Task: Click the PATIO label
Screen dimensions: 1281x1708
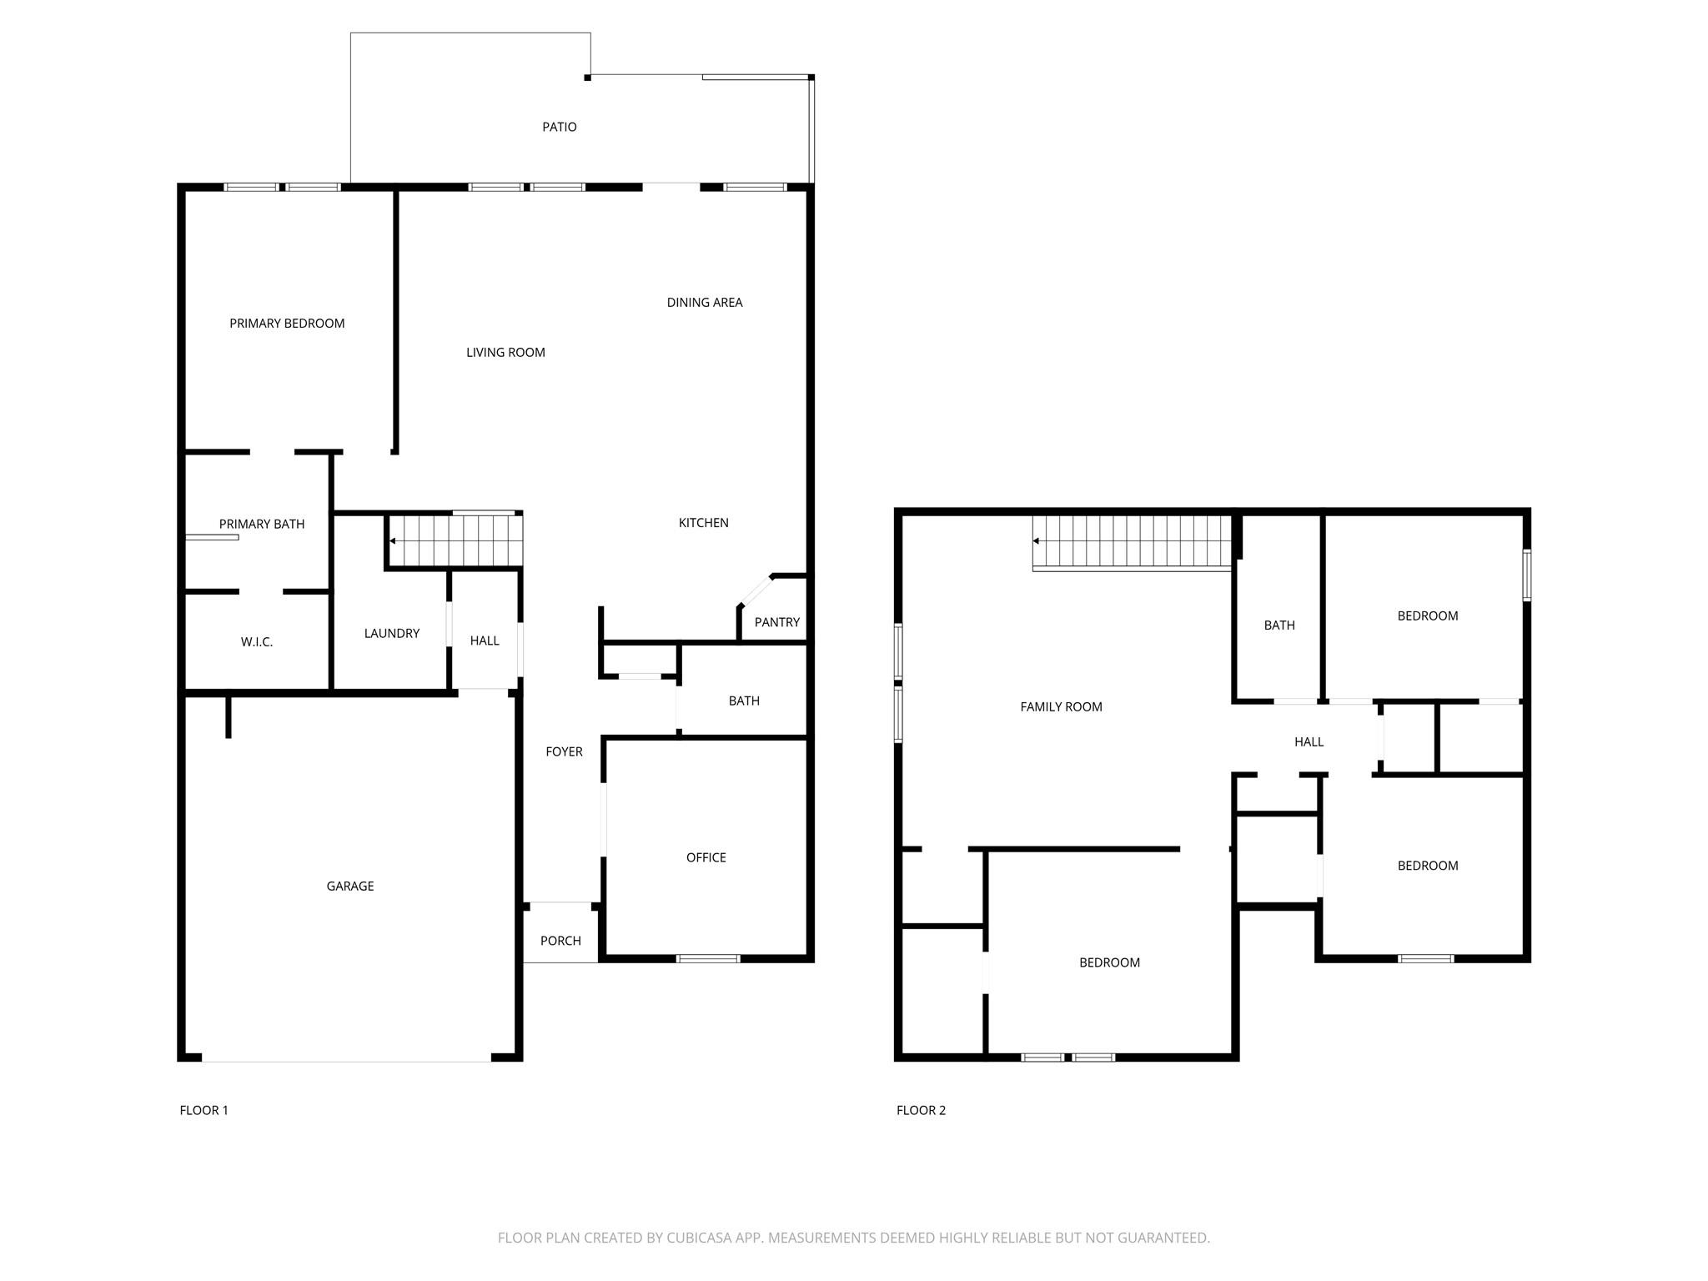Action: tap(559, 127)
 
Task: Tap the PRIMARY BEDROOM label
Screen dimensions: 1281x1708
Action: tap(287, 324)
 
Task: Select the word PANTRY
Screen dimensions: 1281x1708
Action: tap(776, 622)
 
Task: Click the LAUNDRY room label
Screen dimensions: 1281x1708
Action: tap(391, 634)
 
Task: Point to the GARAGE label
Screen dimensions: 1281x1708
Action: tap(349, 887)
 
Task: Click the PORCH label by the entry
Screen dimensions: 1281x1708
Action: tap(560, 941)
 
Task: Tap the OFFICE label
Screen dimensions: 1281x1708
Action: tap(706, 857)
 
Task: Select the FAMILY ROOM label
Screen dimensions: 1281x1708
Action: tap(1061, 707)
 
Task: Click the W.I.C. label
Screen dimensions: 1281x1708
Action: tap(256, 642)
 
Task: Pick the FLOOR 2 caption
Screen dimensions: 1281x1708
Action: tap(921, 1110)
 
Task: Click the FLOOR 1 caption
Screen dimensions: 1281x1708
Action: tap(203, 1110)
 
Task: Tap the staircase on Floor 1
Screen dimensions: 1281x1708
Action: tap(455, 540)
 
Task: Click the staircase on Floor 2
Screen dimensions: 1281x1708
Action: tap(1132, 541)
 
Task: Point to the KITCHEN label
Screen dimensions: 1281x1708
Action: tap(703, 523)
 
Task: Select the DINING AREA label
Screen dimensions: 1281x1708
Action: tap(704, 303)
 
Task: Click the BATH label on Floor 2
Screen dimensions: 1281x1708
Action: tap(1278, 625)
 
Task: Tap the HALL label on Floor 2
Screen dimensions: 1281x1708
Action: tap(1309, 742)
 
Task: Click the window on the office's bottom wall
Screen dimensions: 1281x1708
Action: tap(707, 958)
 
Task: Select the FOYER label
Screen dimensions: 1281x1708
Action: tap(564, 752)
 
